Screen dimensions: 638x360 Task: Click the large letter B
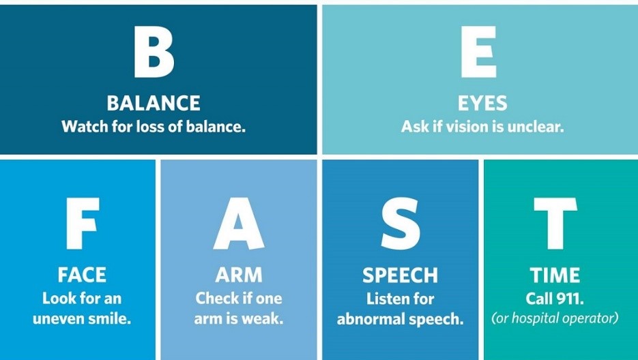(154, 52)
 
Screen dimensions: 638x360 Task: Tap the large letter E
(479, 52)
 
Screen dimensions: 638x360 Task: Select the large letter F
(83, 224)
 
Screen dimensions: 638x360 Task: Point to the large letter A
(239, 224)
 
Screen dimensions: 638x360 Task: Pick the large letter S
(401, 224)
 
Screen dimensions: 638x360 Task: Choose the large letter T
(555, 224)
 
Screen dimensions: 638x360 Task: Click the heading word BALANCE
(154, 104)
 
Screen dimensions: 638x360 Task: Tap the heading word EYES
(482, 104)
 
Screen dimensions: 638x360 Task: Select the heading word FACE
(82, 275)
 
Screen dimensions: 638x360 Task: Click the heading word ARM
(239, 275)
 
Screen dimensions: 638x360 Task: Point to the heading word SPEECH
(401, 275)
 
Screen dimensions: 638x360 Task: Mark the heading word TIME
(555, 275)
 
